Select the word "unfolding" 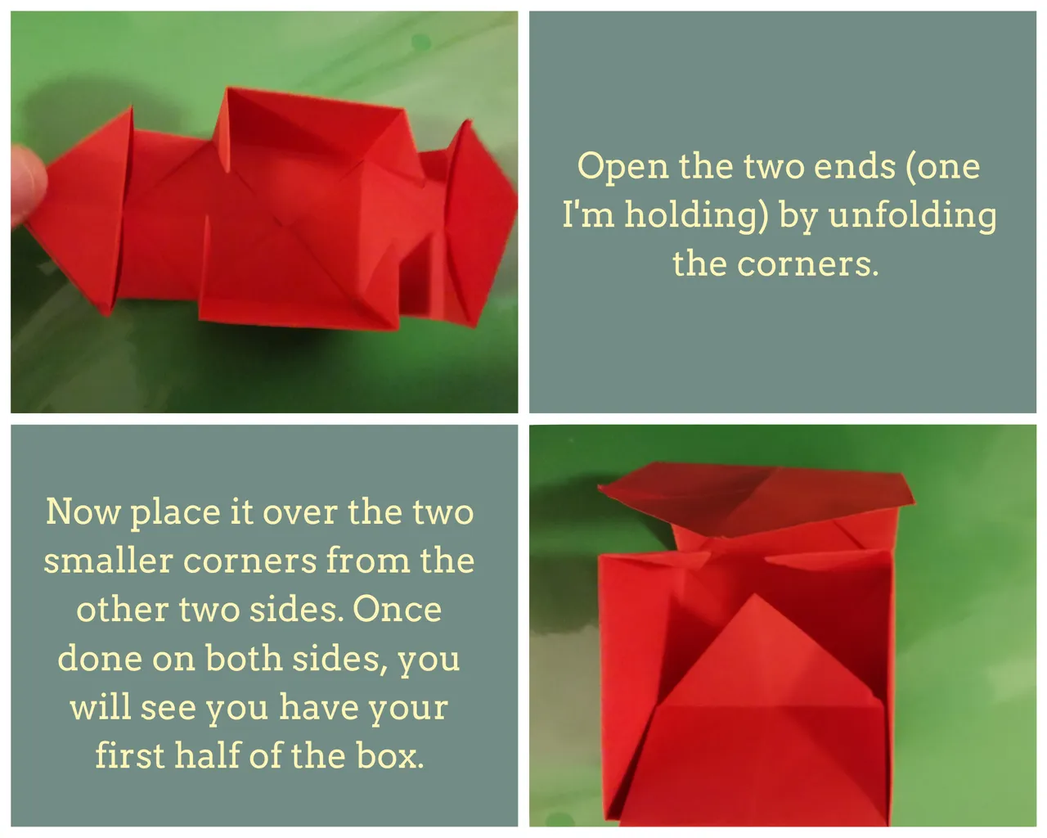pyautogui.click(x=912, y=216)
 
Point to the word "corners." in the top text pyautogui.click(x=808, y=264)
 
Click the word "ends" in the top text pyautogui.click(x=855, y=166)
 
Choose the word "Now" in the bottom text pyautogui.click(x=83, y=511)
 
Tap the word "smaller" pyautogui.click(x=109, y=560)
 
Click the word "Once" pyautogui.click(x=397, y=609)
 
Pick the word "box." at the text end pyautogui.click(x=389, y=755)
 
